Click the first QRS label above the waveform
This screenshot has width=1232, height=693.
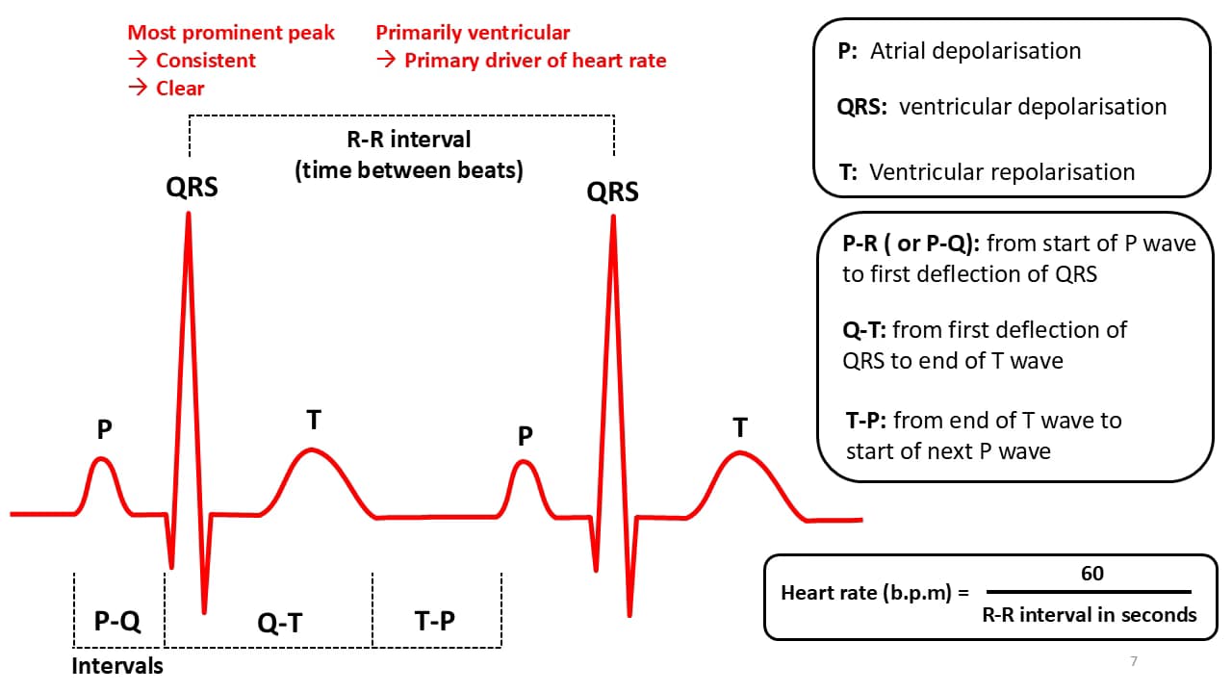[x=192, y=187]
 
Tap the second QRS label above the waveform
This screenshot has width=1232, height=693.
[x=613, y=192]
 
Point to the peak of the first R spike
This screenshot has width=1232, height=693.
[x=189, y=214]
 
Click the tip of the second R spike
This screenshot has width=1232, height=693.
[x=613, y=217]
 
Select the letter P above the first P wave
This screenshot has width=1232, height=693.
[x=105, y=429]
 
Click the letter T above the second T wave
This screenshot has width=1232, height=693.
[x=740, y=427]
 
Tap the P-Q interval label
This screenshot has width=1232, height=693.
[x=117, y=621]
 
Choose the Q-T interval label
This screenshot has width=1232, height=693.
[x=280, y=623]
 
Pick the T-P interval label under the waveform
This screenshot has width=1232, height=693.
[x=434, y=621]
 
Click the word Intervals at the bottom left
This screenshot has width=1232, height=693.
[x=117, y=666]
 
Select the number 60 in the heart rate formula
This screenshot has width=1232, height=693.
[x=1092, y=574]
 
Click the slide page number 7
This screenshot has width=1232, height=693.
[x=1134, y=661]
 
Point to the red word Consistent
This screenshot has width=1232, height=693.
[x=206, y=61]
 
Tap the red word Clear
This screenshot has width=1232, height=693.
[x=180, y=89]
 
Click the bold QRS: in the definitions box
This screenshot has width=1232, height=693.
[x=861, y=107]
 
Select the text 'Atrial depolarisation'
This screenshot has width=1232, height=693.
[x=975, y=51]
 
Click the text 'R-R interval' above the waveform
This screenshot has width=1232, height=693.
[x=409, y=140]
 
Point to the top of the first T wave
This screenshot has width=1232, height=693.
[x=312, y=449]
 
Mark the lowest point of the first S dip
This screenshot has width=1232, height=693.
[x=204, y=612]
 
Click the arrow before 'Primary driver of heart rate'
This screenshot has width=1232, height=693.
[x=386, y=60]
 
